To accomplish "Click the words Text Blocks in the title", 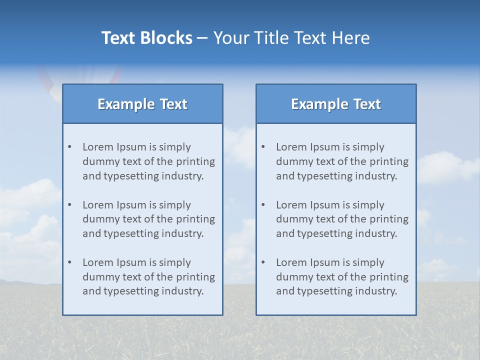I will pyautogui.click(x=146, y=38).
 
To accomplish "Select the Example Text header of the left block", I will pyautogui.click(x=142, y=104).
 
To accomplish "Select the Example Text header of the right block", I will pyautogui.click(x=336, y=104).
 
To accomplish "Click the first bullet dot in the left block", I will pyautogui.click(x=70, y=147).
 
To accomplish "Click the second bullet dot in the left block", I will pyautogui.click(x=70, y=205).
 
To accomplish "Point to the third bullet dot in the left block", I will pyautogui.click(x=70, y=262).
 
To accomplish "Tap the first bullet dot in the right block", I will pyautogui.click(x=263, y=147).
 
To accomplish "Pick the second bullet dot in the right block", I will pyautogui.click(x=263, y=205).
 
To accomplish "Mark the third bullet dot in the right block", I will pyautogui.click(x=263, y=262).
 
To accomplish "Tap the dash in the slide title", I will pyautogui.click(x=202, y=38).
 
